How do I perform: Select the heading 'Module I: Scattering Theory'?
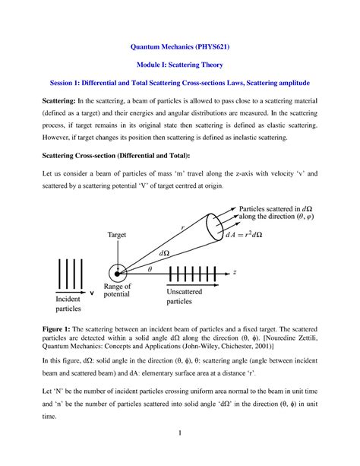click(x=180, y=65)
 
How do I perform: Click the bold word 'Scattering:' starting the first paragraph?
click(x=43, y=101)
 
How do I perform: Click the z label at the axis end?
click(x=257, y=271)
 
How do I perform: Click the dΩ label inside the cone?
click(x=164, y=252)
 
